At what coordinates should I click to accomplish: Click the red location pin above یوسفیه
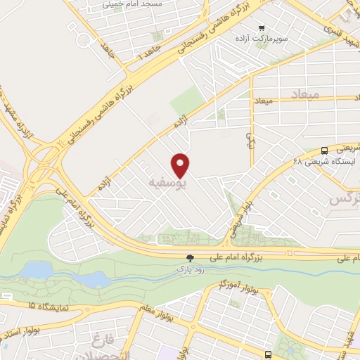(x=181, y=165)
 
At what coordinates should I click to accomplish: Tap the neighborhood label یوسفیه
(x=169, y=184)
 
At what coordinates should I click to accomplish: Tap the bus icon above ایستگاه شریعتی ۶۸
(x=324, y=150)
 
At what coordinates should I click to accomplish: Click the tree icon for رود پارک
(x=189, y=259)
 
